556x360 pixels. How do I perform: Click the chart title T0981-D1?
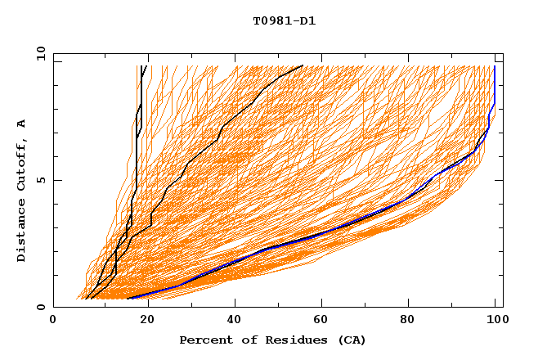click(x=284, y=21)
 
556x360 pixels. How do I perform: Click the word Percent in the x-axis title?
click(x=204, y=340)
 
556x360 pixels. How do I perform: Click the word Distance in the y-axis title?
click(x=22, y=232)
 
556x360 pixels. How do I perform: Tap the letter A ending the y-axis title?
click(x=22, y=124)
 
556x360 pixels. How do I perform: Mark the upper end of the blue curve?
click(x=495, y=66)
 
